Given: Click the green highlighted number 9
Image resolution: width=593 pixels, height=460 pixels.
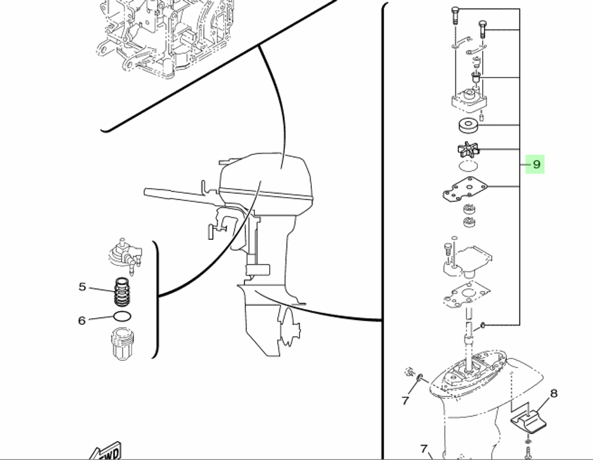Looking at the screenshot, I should click(536, 164).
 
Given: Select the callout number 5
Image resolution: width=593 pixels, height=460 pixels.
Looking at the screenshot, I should click(82, 287).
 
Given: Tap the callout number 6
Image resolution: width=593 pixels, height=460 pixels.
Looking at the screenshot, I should click(82, 321).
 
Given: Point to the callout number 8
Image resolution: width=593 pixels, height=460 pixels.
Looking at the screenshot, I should click(554, 393).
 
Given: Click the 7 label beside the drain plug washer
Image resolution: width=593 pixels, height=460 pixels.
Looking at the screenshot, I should click(406, 401).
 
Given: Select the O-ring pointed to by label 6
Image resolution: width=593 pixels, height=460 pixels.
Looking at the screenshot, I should click(122, 318).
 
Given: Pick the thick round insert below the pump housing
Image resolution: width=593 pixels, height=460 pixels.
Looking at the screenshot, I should click(468, 126).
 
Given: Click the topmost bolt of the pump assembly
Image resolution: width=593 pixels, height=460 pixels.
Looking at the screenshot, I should click(455, 14).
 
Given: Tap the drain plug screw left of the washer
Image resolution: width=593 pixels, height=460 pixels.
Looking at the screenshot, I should click(408, 372).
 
